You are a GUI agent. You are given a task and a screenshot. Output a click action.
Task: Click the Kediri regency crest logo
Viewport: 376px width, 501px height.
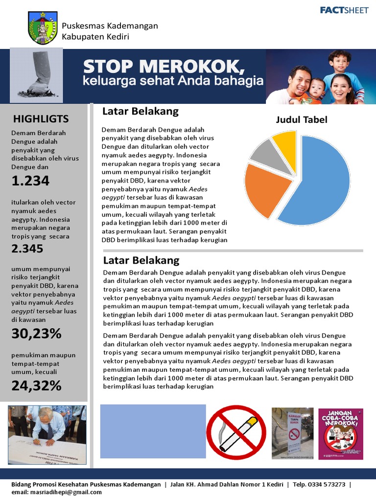pos(43,28)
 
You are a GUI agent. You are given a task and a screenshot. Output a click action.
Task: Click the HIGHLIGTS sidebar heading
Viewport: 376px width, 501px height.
pos(41,118)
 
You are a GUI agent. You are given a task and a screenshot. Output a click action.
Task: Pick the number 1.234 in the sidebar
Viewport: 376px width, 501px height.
pos(30,181)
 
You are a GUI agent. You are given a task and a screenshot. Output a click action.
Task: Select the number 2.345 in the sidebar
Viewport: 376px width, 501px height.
pos(27,248)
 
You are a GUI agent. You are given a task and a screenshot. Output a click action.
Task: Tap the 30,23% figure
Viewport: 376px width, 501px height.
pos(36,334)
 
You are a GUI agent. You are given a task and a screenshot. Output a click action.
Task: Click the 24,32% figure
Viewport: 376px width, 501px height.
pos(36,386)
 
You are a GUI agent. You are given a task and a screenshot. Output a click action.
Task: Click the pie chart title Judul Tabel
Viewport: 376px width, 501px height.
pos(302,120)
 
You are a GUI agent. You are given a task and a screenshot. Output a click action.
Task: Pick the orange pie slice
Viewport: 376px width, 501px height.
pos(264,190)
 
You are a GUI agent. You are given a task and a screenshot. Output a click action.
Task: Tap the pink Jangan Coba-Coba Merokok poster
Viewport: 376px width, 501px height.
pos(341,433)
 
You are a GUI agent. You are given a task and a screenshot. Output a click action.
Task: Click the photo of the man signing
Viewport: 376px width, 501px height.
pos(47,430)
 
